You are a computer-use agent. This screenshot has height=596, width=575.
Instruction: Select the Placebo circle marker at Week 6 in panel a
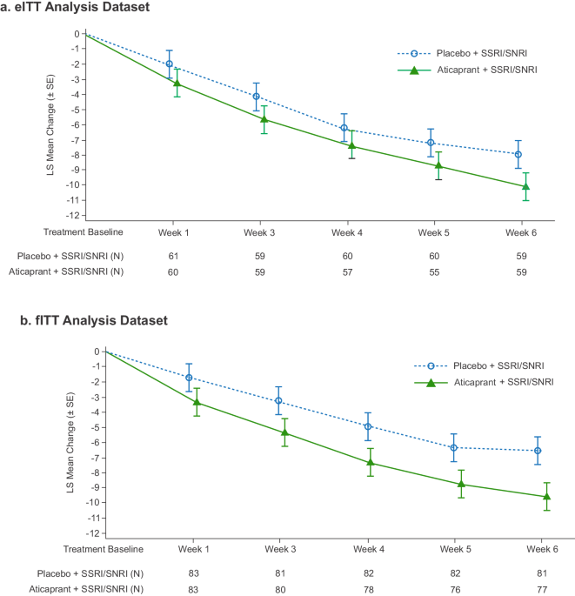[518, 154]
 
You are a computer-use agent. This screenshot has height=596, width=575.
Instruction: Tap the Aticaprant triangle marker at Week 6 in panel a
[525, 186]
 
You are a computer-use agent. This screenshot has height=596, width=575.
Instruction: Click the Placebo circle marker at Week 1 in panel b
[189, 378]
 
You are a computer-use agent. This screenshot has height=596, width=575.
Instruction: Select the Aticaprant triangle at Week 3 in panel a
[264, 118]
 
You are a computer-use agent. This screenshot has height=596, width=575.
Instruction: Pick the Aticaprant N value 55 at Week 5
[432, 272]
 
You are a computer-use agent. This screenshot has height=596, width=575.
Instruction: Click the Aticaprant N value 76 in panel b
[432, 590]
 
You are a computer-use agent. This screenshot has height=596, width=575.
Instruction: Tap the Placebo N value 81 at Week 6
[519, 574]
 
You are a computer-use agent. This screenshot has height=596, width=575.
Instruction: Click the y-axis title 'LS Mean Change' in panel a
[51, 122]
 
